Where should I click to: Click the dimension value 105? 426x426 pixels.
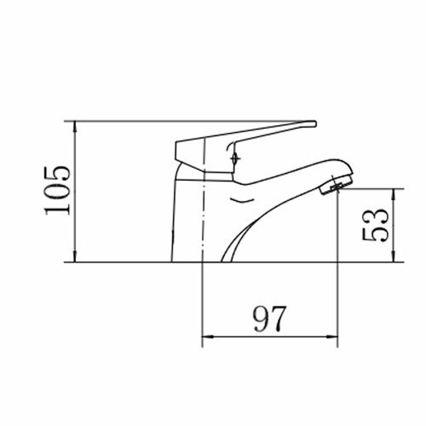click(x=58, y=191)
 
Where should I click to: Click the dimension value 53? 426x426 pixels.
click(x=375, y=225)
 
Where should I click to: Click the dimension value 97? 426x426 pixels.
click(x=269, y=319)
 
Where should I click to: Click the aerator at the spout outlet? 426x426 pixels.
click(x=336, y=184)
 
